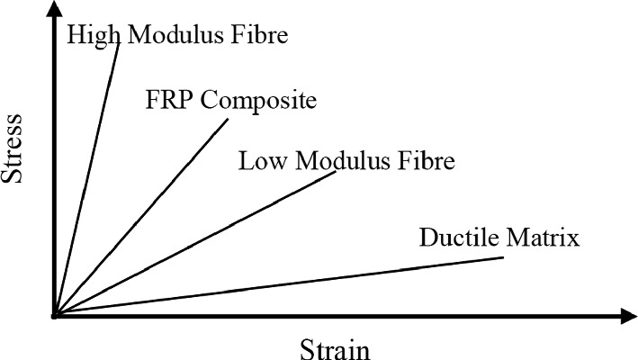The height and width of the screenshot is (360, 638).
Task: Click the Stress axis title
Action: pyautogui.click(x=13, y=148)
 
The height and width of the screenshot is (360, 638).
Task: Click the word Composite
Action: pyautogui.click(x=258, y=99)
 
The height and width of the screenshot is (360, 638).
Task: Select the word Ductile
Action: pyautogui.click(x=457, y=238)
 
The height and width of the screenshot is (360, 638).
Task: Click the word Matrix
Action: pyautogui.click(x=540, y=238)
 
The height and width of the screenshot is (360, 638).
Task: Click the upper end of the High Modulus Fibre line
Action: pyautogui.click(x=118, y=41)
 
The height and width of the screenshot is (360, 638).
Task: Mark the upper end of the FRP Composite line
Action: pyautogui.click(x=229, y=120)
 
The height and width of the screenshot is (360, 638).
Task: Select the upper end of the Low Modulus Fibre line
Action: pyautogui.click(x=335, y=172)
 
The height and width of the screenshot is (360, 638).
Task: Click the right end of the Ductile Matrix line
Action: pyautogui.click(x=502, y=258)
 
